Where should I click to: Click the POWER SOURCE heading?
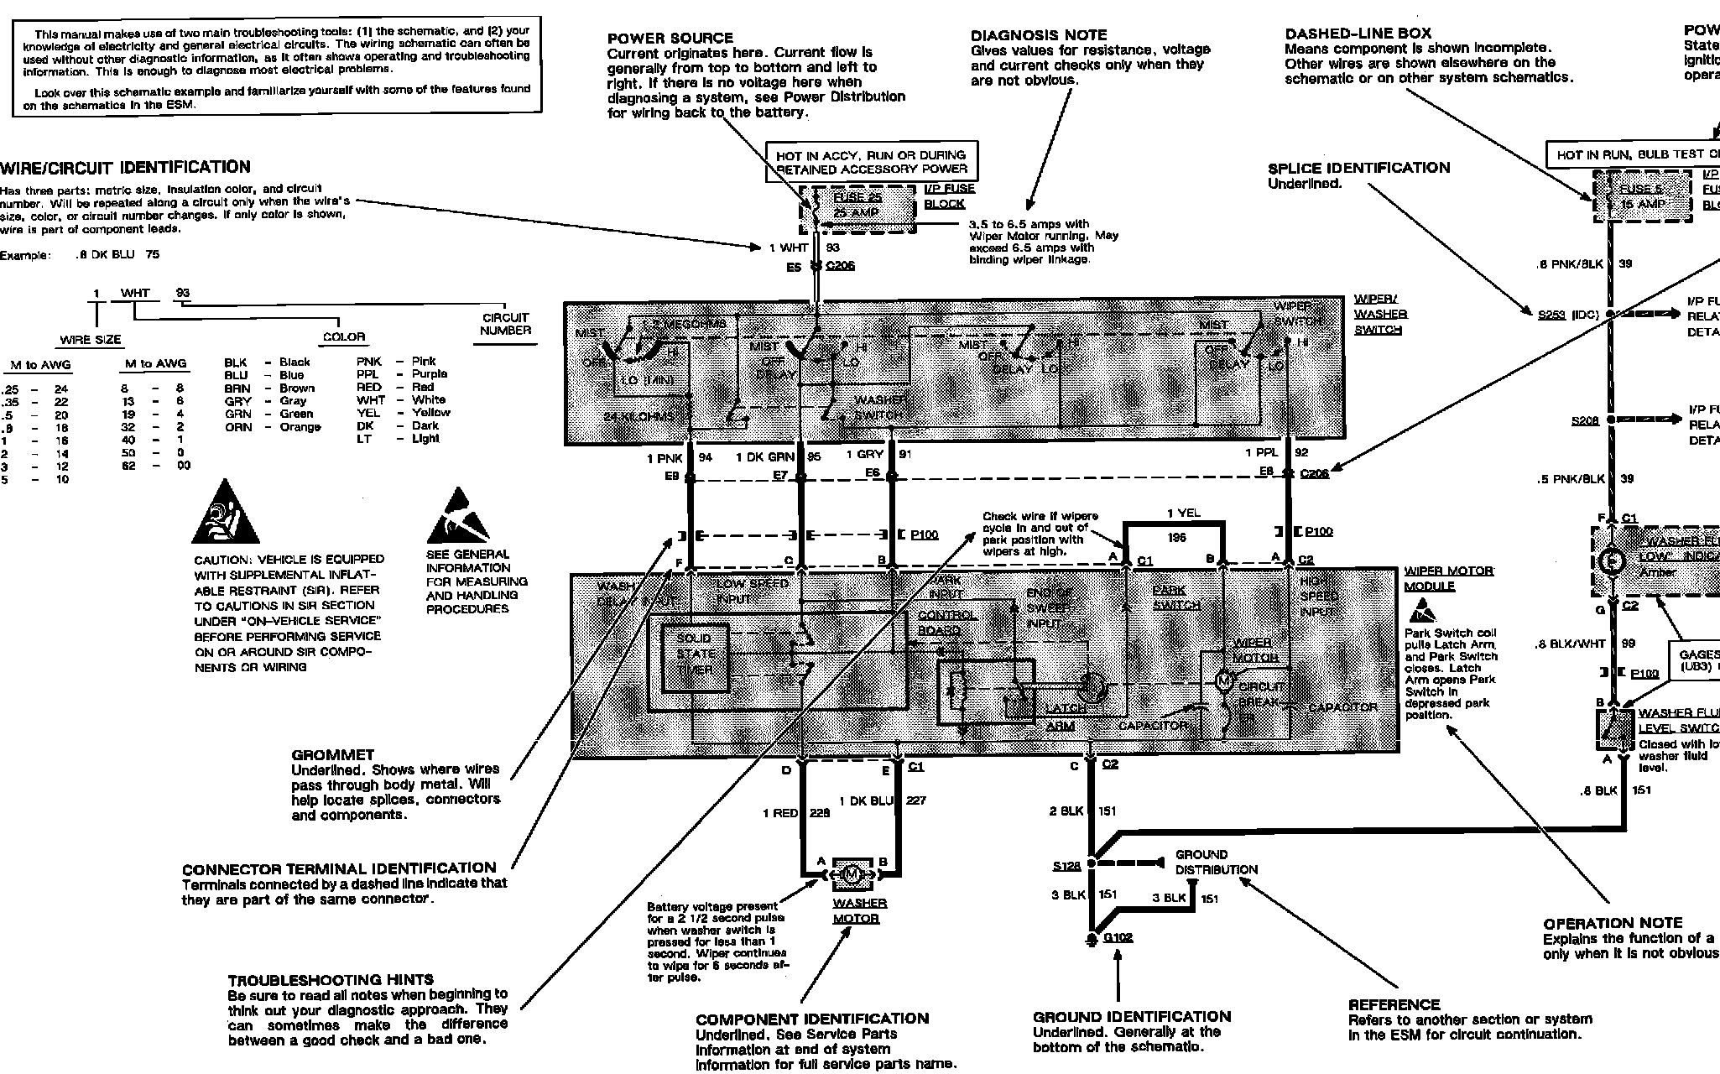coord(670,38)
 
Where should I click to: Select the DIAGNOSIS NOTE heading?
coord(1039,35)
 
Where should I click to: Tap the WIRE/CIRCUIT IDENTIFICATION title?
coord(125,167)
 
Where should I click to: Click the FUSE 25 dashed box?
coord(857,206)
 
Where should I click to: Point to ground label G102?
coord(1118,936)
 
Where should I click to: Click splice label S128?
coord(1066,865)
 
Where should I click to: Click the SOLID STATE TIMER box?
coord(695,655)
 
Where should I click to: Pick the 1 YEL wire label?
coord(1183,513)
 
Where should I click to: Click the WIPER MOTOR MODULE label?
coord(1448,578)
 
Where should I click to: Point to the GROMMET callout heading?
coord(332,754)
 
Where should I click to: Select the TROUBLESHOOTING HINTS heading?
coord(331,979)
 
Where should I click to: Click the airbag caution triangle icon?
coord(225,514)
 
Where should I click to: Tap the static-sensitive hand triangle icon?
coord(458,516)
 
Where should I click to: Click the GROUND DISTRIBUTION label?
coord(1216,862)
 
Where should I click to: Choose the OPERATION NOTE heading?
coord(1613,923)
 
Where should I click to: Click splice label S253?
coord(1551,315)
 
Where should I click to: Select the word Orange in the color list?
coord(300,426)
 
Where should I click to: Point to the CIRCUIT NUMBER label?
coord(505,324)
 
